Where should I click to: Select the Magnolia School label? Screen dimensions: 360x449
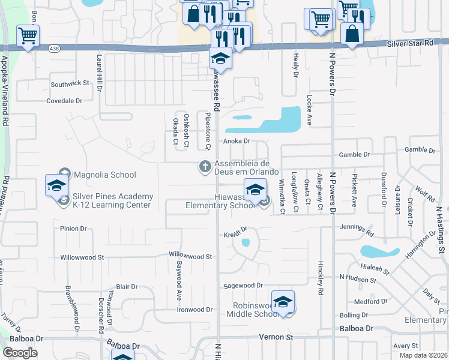coord(105,175)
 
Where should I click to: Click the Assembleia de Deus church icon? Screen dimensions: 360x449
coord(205,166)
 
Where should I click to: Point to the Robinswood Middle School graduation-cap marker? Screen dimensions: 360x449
coord(283,302)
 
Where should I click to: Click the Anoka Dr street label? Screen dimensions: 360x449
coord(236,142)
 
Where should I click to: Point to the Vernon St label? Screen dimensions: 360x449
coord(276,337)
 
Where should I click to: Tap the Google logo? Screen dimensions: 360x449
coord(20,353)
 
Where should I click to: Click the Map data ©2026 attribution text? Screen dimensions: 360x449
coord(424,355)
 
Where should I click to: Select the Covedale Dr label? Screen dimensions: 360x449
coord(64,101)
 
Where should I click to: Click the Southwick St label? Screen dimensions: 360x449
coord(70,85)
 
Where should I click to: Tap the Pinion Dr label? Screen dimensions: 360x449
coord(74,229)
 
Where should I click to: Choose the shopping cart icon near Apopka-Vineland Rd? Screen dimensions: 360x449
coord(28,35)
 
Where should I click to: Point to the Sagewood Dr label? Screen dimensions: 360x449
coord(243,286)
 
